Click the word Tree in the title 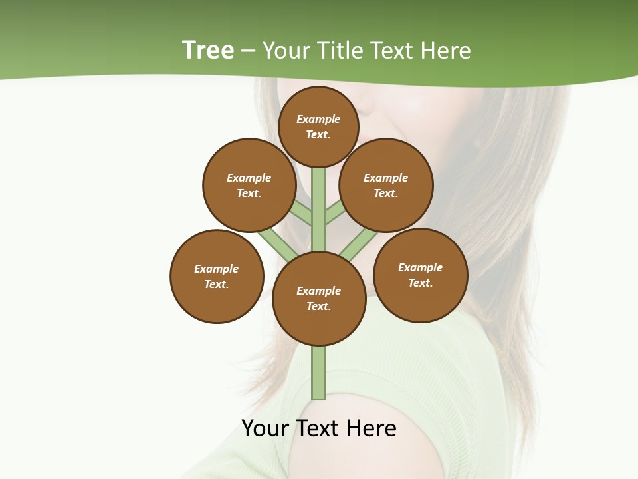(208, 50)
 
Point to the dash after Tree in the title (249, 51)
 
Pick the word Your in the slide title (285, 51)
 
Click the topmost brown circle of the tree (318, 126)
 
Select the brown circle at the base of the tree (319, 299)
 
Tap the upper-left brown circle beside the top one (249, 185)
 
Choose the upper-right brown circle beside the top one (386, 185)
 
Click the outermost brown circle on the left (217, 276)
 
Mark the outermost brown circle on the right (421, 275)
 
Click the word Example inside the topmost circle (318, 119)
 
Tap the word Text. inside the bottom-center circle (318, 307)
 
